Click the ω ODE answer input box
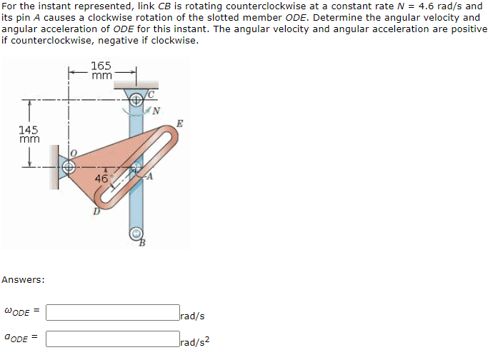click(113, 313)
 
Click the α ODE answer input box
click(113, 338)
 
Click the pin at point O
click(69, 166)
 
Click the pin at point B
click(136, 234)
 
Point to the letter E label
click(179, 124)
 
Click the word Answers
click(23, 279)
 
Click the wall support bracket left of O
click(54, 166)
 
